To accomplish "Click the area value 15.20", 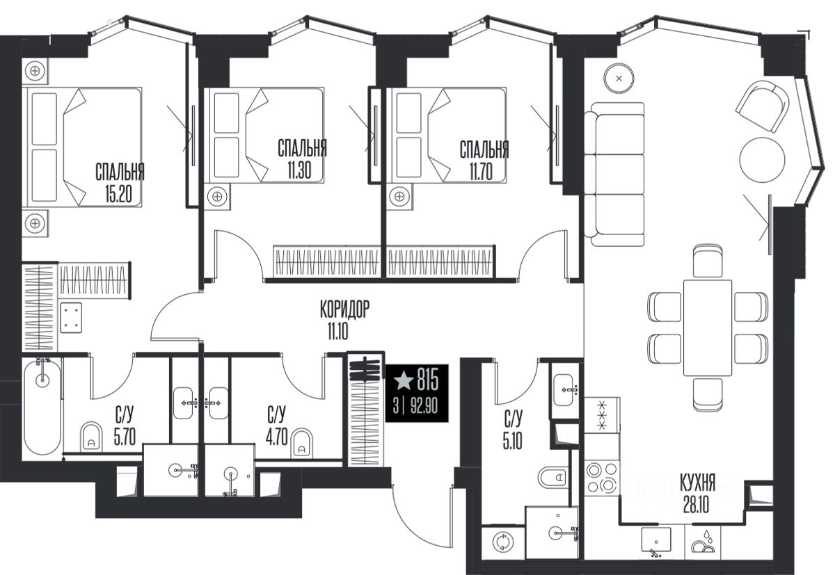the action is click(x=118, y=194).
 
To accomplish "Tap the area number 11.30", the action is click(x=299, y=170).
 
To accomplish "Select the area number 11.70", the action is click(x=481, y=172).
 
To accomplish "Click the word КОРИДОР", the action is click(x=345, y=309).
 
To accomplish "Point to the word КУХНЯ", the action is click(x=697, y=483).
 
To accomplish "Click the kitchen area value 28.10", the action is click(x=696, y=505).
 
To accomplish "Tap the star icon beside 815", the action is click(x=404, y=380).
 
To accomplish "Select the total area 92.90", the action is click(x=424, y=405).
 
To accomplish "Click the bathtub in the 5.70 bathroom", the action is click(x=42, y=406).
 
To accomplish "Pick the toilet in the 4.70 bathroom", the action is click(x=301, y=443).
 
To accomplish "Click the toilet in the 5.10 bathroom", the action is click(x=552, y=477).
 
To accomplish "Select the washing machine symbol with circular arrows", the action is click(x=503, y=542).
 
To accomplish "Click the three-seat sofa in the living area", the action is click(x=614, y=175).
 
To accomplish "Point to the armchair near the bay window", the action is click(x=763, y=106).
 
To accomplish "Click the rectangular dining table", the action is click(x=708, y=327).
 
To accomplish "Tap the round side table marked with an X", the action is click(x=619, y=79).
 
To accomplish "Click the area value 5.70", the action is click(x=125, y=437).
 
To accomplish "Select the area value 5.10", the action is click(x=512, y=441).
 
